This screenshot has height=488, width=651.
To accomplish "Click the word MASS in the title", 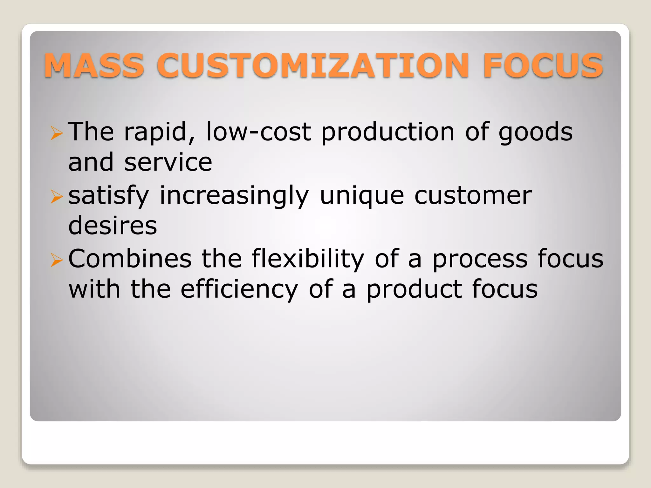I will click(x=94, y=65).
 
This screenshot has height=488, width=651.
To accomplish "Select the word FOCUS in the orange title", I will click(x=543, y=65).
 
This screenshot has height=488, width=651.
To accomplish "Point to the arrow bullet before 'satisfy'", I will click(x=57, y=197).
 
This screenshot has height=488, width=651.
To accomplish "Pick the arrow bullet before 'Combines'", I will click(x=57, y=260).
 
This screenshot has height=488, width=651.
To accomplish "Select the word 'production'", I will click(x=388, y=132).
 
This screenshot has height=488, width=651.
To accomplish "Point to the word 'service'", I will click(x=168, y=163).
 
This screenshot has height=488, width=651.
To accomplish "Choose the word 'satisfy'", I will click(x=109, y=196).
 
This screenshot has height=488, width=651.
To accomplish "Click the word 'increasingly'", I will click(x=234, y=196).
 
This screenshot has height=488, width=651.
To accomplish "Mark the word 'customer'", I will click(x=473, y=196).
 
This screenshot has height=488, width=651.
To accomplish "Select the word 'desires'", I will click(x=113, y=226).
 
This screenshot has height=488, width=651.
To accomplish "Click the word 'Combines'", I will click(x=130, y=259).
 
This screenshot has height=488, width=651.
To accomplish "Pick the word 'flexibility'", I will click(x=308, y=259).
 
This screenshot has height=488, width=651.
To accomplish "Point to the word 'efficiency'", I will click(x=239, y=290).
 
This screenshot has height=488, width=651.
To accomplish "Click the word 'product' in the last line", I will click(x=414, y=290).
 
